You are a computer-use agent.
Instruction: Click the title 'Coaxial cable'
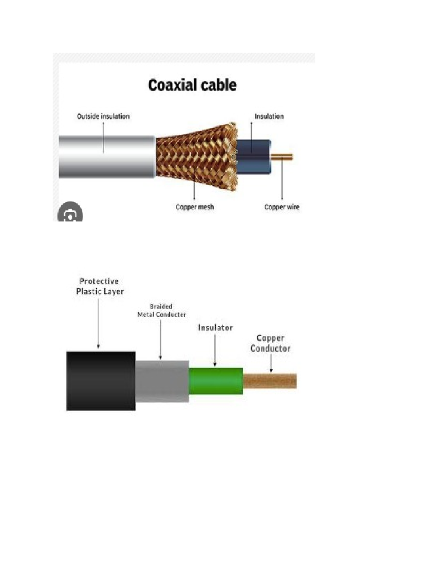tap(192, 85)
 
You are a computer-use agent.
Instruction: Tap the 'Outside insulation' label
tap(103, 117)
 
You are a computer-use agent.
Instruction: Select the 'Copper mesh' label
tap(195, 207)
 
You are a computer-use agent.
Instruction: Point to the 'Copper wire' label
tap(282, 207)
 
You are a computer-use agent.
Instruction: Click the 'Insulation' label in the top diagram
tap(269, 117)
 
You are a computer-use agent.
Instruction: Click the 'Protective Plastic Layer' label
tap(100, 286)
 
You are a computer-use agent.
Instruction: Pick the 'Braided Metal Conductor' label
tap(161, 311)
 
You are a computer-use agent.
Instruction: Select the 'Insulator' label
tap(215, 328)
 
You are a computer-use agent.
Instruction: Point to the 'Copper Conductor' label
tap(270, 343)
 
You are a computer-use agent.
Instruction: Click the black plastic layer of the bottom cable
tap(101, 381)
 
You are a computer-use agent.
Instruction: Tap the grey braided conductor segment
tap(162, 381)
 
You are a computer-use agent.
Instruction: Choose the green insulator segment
tap(216, 381)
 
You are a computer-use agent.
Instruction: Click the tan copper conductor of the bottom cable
tap(270, 381)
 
